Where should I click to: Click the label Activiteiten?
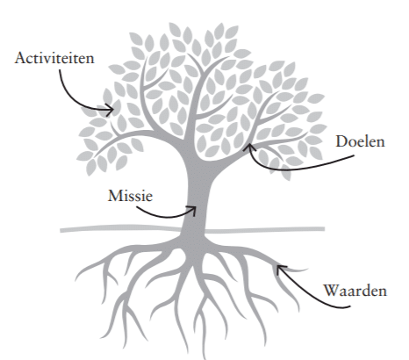(54, 58)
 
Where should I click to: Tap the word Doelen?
(360, 141)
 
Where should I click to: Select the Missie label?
(130, 196)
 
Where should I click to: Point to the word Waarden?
(355, 291)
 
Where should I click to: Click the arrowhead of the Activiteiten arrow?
(110, 110)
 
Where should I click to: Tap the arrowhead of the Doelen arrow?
(248, 148)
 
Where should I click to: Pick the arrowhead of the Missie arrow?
(192, 211)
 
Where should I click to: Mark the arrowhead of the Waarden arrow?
(280, 269)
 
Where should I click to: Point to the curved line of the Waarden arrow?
(313, 295)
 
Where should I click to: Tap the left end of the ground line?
(61, 231)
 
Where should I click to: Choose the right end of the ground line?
(324, 228)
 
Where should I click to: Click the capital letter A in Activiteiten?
(20, 58)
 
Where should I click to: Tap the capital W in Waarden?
(332, 291)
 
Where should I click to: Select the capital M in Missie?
(115, 196)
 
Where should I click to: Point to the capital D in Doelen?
(341, 141)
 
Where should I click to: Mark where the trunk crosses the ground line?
(194, 230)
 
